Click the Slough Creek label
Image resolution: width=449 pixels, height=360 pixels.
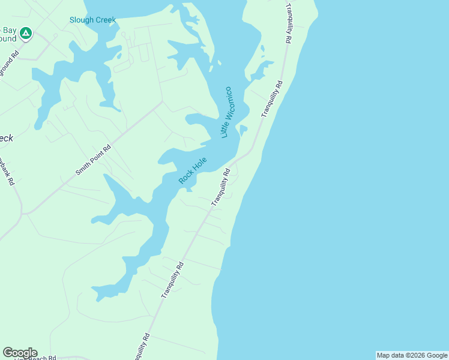point(92,20)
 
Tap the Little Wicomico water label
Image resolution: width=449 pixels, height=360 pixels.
point(226,112)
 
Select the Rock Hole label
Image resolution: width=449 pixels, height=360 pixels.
point(193,170)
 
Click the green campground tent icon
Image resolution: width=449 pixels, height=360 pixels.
point(25,34)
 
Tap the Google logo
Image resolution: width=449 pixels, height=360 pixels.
point(20,353)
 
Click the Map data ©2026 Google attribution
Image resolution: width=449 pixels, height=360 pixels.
point(411,355)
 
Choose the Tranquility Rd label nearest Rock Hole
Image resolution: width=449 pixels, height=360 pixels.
point(220,187)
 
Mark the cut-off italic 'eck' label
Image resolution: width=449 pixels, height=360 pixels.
point(5,138)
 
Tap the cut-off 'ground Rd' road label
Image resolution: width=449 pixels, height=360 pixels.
point(8,64)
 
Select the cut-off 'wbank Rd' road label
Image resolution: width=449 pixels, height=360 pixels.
point(7,172)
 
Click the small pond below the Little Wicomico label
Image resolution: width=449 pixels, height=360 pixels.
point(243,130)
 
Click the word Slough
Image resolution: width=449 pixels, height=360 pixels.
point(80,20)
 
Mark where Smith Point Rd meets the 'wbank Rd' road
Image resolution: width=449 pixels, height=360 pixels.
point(22,213)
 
